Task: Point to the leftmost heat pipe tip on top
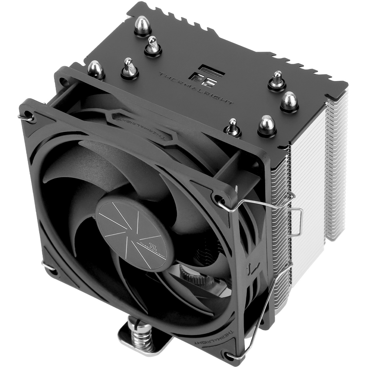(x=96, y=69)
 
